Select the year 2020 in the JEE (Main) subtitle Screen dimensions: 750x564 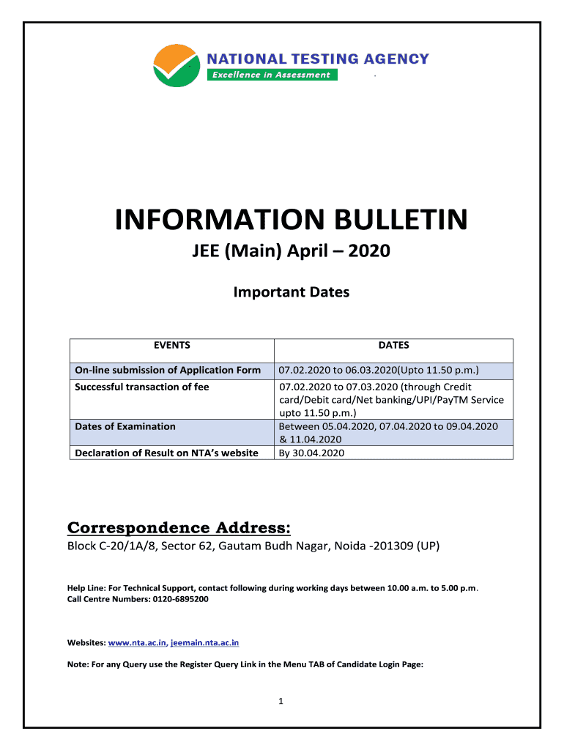coord(369,252)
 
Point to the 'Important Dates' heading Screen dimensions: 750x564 coord(291,292)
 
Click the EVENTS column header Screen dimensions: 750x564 coord(171,346)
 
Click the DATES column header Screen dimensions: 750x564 coord(393,346)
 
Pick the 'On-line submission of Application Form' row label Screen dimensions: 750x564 coord(168,370)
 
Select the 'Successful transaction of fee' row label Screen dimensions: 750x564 coord(142,387)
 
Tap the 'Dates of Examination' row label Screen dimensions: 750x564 coord(125,426)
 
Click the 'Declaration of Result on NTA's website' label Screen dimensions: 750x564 coord(166,453)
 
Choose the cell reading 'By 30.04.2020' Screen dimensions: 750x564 coord(311,453)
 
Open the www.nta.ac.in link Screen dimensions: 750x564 coord(137,642)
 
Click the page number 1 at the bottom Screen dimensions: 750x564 coord(281,701)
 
